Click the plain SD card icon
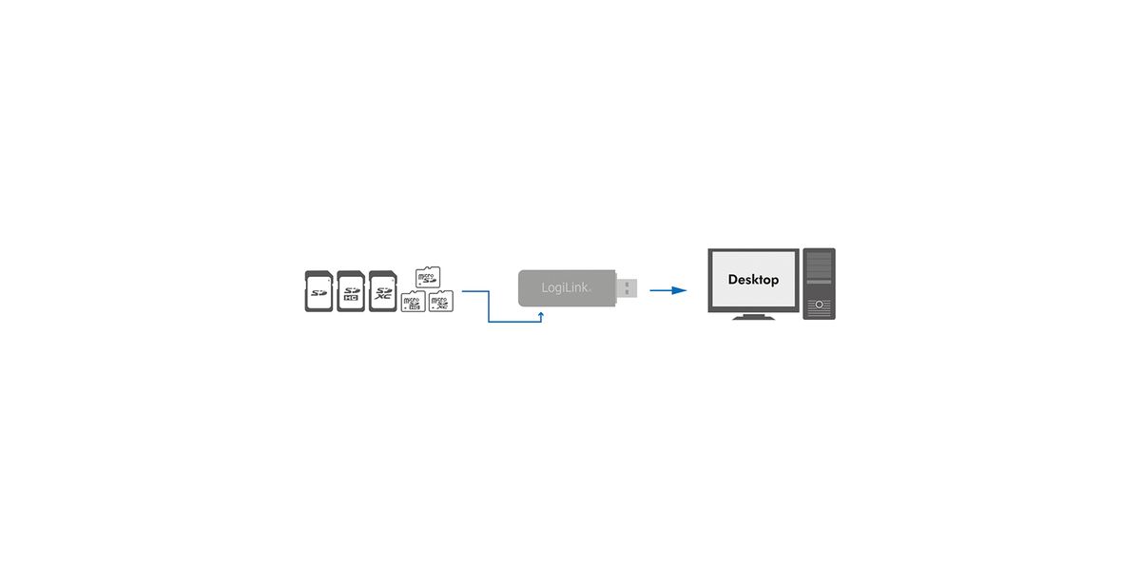pyautogui.click(x=318, y=291)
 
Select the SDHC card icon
pyautogui.click(x=351, y=291)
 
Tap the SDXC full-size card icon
pyautogui.click(x=382, y=291)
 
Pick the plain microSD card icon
pyautogui.click(x=428, y=277)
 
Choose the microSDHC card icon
pyautogui.click(x=413, y=303)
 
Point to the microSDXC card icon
pyautogui.click(x=440, y=303)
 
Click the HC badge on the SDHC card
pyautogui.click(x=351, y=299)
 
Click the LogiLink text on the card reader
pyautogui.click(x=565, y=287)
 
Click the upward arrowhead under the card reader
pyautogui.click(x=541, y=312)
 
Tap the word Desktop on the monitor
pyautogui.click(x=753, y=280)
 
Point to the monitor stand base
pyautogui.click(x=753, y=317)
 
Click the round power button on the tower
pyautogui.click(x=819, y=305)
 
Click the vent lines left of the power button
pyautogui.click(x=810, y=305)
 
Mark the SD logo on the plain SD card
pyautogui.click(x=318, y=292)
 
